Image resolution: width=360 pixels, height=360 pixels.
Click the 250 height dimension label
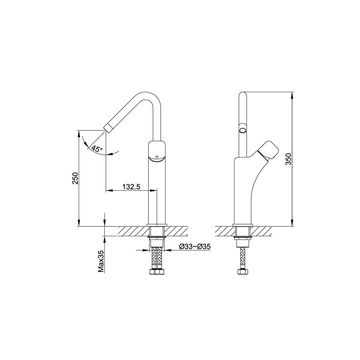(x=76, y=178)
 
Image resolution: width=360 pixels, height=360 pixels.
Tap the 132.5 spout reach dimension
(x=131, y=187)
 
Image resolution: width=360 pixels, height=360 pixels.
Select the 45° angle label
(x=97, y=149)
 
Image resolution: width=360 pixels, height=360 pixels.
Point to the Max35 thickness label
(x=101, y=261)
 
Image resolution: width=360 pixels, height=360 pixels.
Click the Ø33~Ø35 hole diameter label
(x=195, y=246)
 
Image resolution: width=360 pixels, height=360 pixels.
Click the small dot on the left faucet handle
(x=157, y=157)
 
